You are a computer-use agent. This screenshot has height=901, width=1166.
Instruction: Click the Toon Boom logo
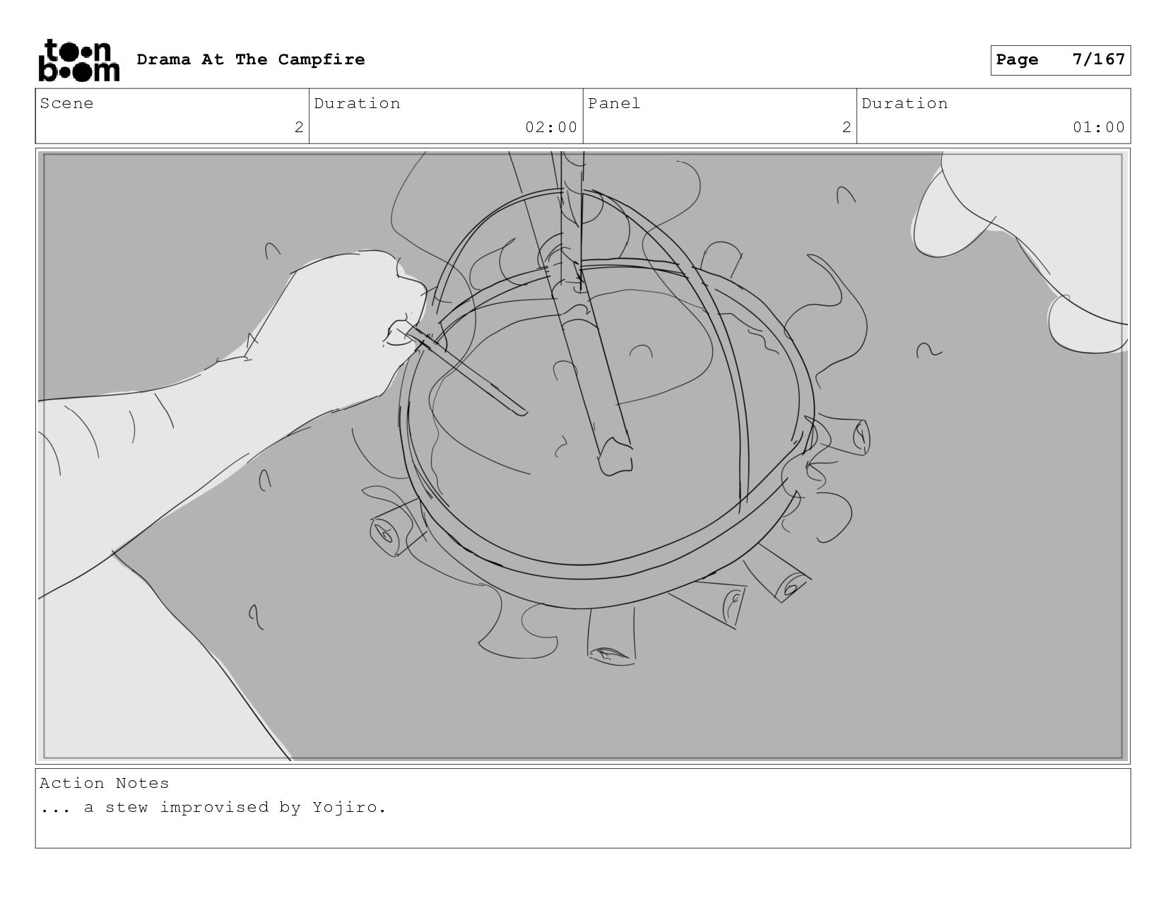(x=79, y=60)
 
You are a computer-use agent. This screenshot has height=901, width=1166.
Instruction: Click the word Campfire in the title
(x=321, y=59)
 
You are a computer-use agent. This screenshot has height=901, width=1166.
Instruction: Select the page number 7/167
(x=1098, y=59)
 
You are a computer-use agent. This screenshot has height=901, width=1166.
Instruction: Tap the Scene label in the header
(x=66, y=103)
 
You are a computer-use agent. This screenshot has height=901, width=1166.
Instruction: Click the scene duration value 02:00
(x=551, y=127)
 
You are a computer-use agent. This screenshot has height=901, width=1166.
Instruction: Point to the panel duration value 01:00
(x=1098, y=127)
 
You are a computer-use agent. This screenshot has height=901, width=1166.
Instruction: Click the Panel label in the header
(x=614, y=103)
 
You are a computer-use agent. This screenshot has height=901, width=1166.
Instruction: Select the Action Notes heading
(x=104, y=784)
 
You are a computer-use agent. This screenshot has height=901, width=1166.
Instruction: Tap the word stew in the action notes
(x=126, y=808)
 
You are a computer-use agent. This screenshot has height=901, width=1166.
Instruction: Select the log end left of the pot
(x=385, y=534)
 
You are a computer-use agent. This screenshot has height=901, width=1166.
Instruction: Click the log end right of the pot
(x=860, y=437)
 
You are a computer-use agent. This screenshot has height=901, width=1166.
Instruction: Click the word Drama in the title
(x=164, y=59)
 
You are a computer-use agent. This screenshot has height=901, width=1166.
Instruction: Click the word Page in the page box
(x=1017, y=59)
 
